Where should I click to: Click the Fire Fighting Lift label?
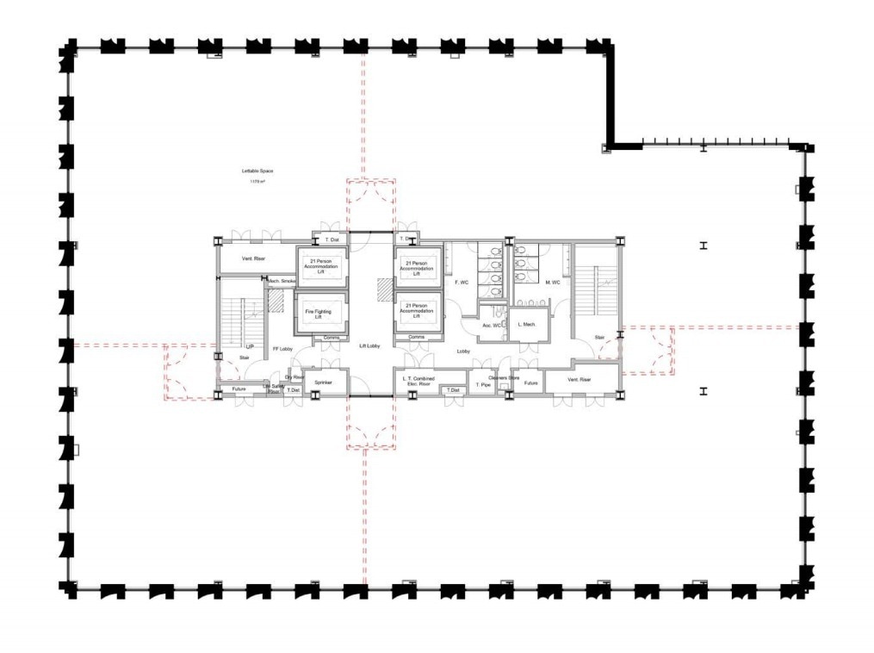pos(323,314)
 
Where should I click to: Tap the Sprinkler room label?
pos(323,381)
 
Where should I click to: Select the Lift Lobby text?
pos(370,345)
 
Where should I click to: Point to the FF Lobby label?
pos(283,349)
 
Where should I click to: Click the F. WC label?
pos(462,282)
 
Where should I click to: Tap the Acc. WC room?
pos(492,325)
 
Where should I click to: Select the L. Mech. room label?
pos(526,325)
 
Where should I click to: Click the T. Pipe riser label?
pos(482,384)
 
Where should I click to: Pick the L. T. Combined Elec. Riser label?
pos(418,380)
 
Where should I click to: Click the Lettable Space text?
pos(256,172)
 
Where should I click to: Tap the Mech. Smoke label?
pos(282,281)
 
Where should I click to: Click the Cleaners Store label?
pos(504,376)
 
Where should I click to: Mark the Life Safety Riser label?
pos(273,388)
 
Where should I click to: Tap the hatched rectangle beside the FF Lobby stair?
pos(276,300)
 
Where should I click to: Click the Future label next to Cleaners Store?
pos(531,382)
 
